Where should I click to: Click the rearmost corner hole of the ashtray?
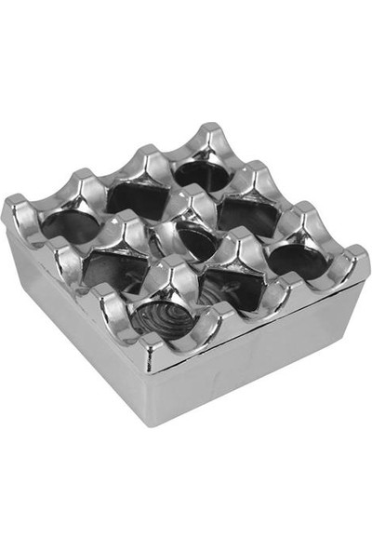[201, 172]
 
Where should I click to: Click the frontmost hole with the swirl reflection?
[163, 317]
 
